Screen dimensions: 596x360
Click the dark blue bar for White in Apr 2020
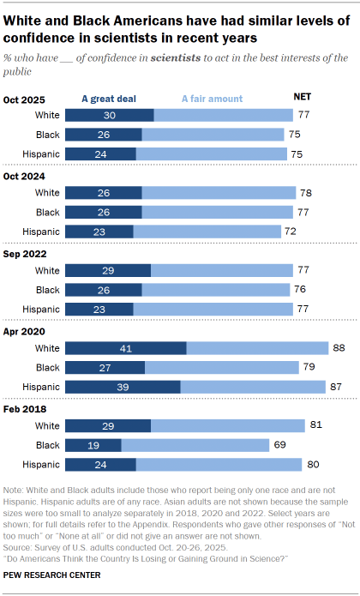click(x=125, y=347)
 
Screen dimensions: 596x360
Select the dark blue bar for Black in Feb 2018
click(x=93, y=445)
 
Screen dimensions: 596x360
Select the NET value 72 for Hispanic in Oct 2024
click(x=292, y=231)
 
